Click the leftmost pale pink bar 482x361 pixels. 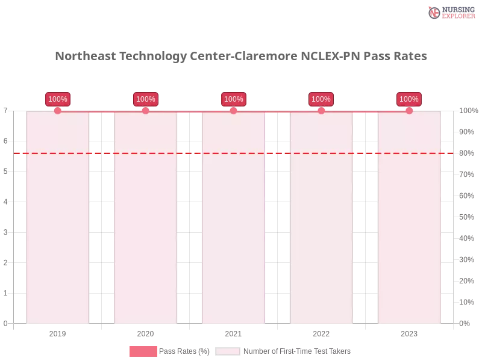pyautogui.click(x=57, y=229)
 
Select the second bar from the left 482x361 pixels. pyautogui.click(x=145, y=229)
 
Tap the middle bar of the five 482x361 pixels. pyautogui.click(x=233, y=229)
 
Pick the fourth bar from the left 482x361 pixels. pyautogui.click(x=321, y=229)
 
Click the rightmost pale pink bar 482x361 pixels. pyautogui.click(x=409, y=229)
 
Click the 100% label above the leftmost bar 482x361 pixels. pyautogui.click(x=57, y=99)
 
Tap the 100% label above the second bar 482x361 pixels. pyautogui.click(x=145, y=99)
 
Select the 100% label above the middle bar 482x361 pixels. pyautogui.click(x=233, y=99)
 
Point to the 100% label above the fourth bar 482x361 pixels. pyautogui.click(x=321, y=99)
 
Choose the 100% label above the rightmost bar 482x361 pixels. pyautogui.click(x=409, y=99)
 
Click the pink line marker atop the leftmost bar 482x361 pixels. pyautogui.click(x=57, y=110)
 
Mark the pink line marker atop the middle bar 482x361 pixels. pyautogui.click(x=233, y=110)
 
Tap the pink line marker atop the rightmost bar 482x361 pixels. pyautogui.click(x=409, y=110)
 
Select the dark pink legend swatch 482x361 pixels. pyautogui.click(x=143, y=351)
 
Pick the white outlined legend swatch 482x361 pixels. pyautogui.click(x=228, y=351)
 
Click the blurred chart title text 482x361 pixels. pyautogui.click(x=241, y=56)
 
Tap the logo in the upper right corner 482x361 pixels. pyautogui.click(x=450, y=12)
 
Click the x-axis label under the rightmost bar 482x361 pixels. pyautogui.click(x=409, y=332)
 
